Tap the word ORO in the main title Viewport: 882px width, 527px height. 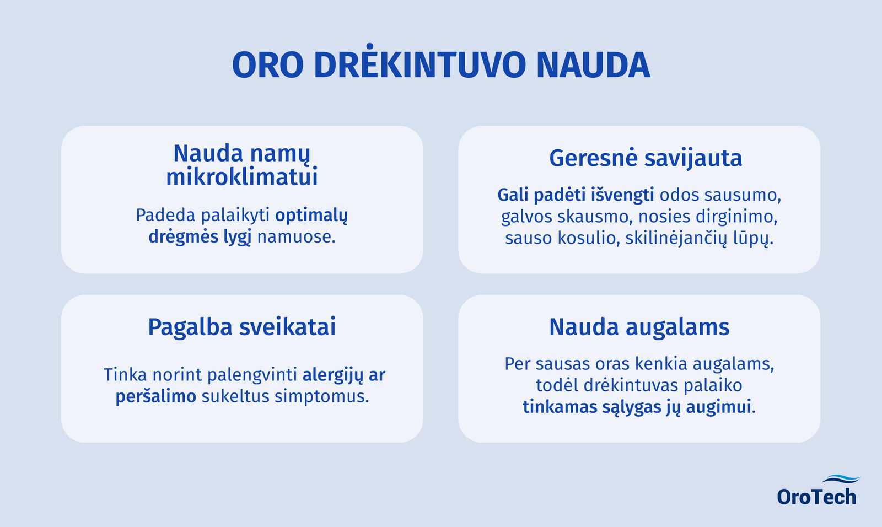[x=268, y=64]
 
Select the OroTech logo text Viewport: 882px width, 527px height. [x=816, y=497]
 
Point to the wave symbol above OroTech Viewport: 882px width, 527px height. [x=841, y=479]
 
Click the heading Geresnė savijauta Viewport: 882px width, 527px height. [x=646, y=158]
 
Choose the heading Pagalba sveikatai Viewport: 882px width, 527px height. [x=242, y=327]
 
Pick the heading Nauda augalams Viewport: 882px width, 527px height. [x=639, y=327]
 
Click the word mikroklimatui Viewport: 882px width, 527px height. [x=242, y=177]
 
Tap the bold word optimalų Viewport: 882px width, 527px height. [x=311, y=216]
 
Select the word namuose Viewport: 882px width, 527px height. [x=296, y=237]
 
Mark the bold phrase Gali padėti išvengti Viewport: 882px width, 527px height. [x=576, y=195]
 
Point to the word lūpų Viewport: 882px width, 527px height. [x=753, y=239]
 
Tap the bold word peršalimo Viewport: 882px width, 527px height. [x=156, y=397]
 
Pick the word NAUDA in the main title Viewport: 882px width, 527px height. [x=593, y=64]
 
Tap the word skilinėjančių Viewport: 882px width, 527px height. [x=676, y=239]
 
